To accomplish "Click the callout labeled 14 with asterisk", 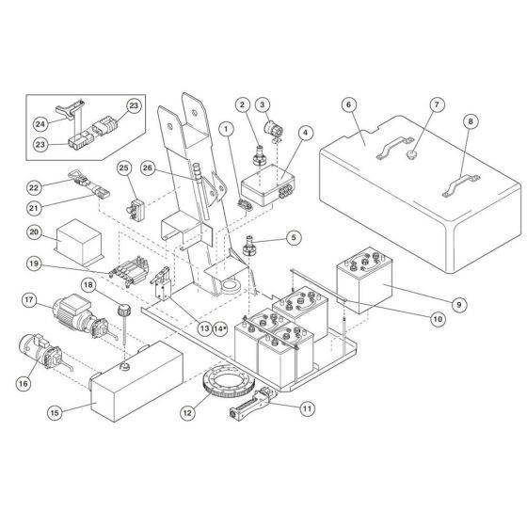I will pyautogui.click(x=221, y=328).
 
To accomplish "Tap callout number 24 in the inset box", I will pyautogui.click(x=40, y=122).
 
